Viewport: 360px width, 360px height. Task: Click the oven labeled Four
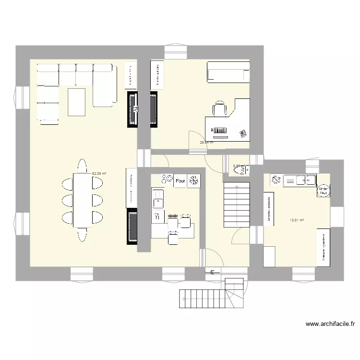[x=180, y=181]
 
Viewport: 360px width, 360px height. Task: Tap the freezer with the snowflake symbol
[x=194, y=181]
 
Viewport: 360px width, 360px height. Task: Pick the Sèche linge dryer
[x=323, y=191]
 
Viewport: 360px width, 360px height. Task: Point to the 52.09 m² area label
[x=99, y=173]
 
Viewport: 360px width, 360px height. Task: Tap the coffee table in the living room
[x=77, y=102]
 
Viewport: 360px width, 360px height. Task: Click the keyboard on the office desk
[x=219, y=131]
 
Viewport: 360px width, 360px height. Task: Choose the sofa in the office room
[x=228, y=72]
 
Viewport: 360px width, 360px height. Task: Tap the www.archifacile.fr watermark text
[x=330, y=324]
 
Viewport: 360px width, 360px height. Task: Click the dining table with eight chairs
[x=82, y=200]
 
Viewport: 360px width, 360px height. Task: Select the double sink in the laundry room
[x=300, y=180]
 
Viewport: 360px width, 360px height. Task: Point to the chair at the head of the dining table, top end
[x=82, y=165]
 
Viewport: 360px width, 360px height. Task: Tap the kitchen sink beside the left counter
[x=158, y=197]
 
